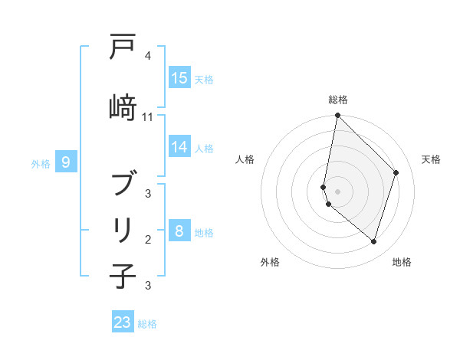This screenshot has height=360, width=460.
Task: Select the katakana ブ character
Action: (123, 184)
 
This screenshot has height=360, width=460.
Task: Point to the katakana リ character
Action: (123, 229)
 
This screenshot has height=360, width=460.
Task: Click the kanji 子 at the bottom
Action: (123, 276)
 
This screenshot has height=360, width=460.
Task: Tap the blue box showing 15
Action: (179, 78)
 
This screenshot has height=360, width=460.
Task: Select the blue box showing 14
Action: (179, 147)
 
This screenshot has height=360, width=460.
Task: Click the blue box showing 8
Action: (179, 231)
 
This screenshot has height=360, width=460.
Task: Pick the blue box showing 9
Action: (67, 162)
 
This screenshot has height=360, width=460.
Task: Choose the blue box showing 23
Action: (123, 322)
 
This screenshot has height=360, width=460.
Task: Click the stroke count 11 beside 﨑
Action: (148, 116)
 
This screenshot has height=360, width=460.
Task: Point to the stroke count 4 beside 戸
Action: (148, 56)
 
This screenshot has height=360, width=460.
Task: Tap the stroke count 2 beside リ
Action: (148, 239)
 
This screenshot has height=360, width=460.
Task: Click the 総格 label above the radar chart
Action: (337, 100)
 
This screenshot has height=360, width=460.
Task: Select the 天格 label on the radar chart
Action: (431, 159)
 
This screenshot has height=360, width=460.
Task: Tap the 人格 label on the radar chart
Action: (245, 159)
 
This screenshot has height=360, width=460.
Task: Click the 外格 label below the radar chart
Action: (270, 262)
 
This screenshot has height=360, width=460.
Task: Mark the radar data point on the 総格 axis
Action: (337, 116)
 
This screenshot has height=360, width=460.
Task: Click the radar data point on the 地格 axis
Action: (373, 241)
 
